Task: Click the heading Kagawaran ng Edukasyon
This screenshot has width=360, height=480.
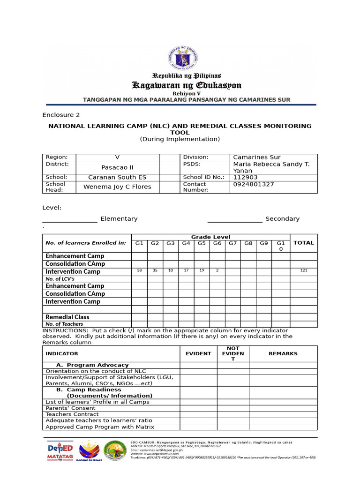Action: click(x=187, y=85)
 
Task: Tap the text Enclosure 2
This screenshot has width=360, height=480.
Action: click(x=61, y=115)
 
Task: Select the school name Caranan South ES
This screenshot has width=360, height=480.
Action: click(x=117, y=177)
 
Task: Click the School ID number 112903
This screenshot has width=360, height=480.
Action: click(x=245, y=177)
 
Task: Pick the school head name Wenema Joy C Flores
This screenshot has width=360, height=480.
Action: click(x=117, y=187)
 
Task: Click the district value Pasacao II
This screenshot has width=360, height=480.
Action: click(x=117, y=167)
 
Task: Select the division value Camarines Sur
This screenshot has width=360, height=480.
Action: click(x=257, y=157)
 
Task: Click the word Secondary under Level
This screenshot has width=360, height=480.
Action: click(x=282, y=218)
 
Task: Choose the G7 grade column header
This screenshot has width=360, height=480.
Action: click(x=233, y=243)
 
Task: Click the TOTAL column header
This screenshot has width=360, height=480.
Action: click(x=303, y=243)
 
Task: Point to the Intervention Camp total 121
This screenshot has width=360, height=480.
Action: click(x=303, y=271)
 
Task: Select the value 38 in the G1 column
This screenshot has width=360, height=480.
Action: click(x=139, y=271)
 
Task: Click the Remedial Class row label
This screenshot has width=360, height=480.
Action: click(x=67, y=317)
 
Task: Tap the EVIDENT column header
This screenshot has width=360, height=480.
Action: click(x=198, y=353)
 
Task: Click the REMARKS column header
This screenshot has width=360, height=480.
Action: click(x=283, y=353)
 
